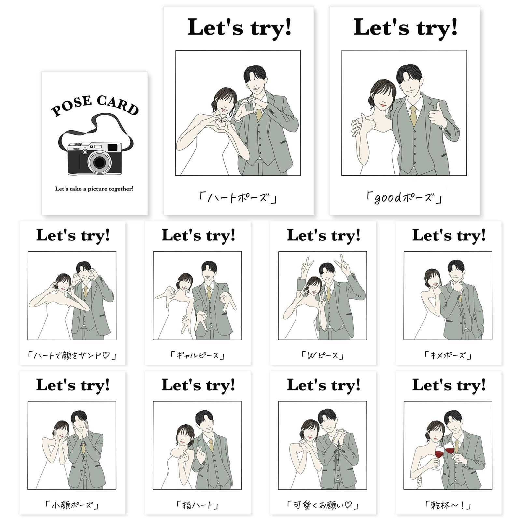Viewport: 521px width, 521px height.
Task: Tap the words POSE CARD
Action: [x=95, y=105]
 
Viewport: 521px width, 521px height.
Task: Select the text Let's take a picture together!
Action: [x=94, y=189]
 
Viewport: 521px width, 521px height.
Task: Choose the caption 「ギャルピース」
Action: [x=198, y=355]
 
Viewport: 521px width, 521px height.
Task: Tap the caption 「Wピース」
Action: [x=323, y=355]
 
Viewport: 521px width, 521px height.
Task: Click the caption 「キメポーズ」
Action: [x=448, y=355]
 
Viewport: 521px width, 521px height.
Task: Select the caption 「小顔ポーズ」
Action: [x=72, y=505]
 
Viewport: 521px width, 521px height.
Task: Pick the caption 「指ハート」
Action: [x=198, y=505]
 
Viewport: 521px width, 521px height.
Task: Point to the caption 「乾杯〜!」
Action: [x=448, y=505]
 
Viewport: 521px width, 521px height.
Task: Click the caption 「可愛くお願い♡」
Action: [x=323, y=505]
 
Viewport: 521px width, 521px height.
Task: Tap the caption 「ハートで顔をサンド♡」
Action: [x=72, y=355]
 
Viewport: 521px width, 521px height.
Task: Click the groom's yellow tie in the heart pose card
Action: [x=259, y=114]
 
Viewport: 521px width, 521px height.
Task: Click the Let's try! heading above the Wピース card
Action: [x=323, y=235]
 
